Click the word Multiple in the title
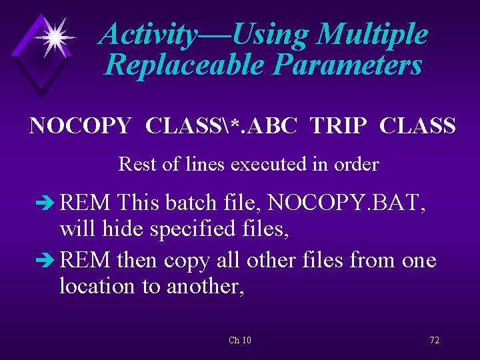[372, 35]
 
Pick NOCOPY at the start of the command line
[80, 125]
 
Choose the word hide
[127, 230]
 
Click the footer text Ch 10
[239, 341]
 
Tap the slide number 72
[434, 341]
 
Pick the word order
[358, 163]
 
